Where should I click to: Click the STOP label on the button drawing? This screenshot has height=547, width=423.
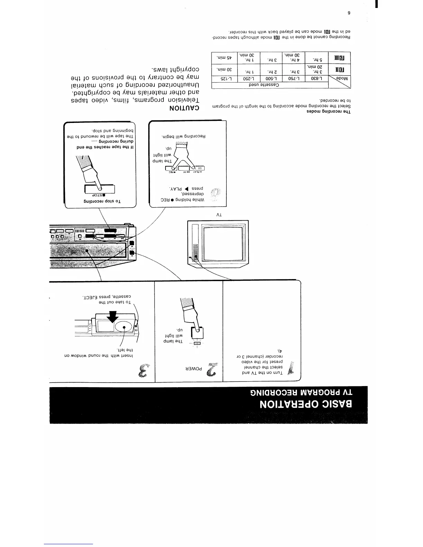pyautogui.click(x=101, y=194)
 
